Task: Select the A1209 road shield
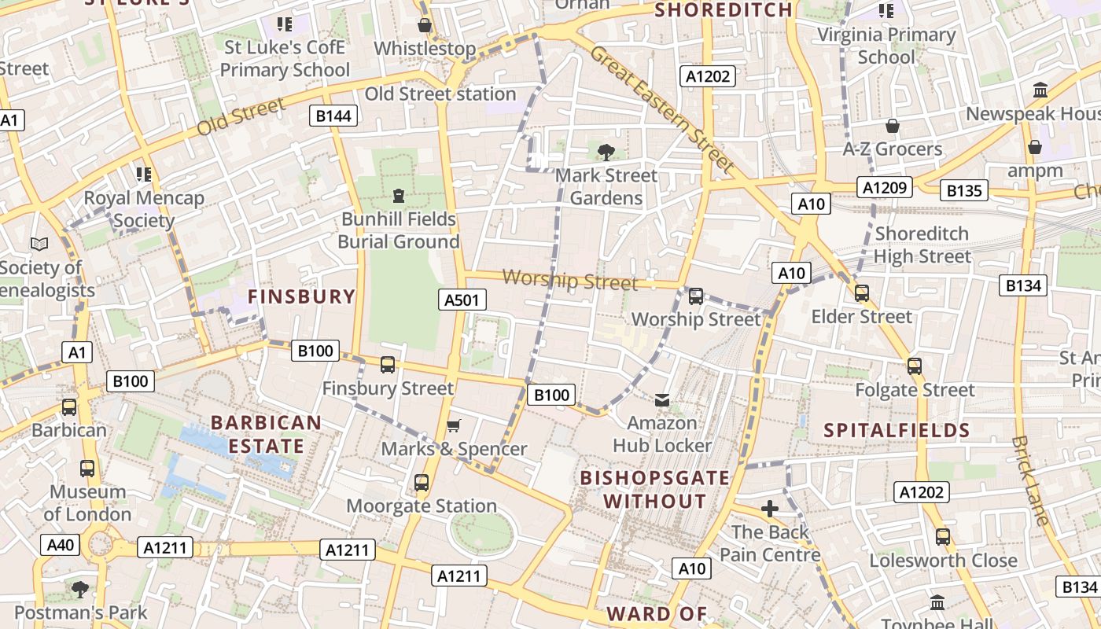point(886,188)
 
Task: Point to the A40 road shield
point(61,545)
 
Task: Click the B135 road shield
point(964,190)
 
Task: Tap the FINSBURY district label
point(302,296)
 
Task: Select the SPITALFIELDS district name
point(897,430)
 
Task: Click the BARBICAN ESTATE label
point(266,434)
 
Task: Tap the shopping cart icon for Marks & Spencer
point(453,426)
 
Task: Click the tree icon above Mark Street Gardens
point(606,152)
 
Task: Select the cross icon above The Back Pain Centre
point(770,509)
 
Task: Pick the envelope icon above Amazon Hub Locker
point(662,400)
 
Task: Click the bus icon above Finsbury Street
point(388,365)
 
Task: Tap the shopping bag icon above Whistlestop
point(425,26)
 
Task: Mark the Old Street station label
point(440,94)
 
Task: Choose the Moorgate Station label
point(422,506)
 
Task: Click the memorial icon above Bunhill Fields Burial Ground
point(399,195)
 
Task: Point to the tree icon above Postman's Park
point(80,589)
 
